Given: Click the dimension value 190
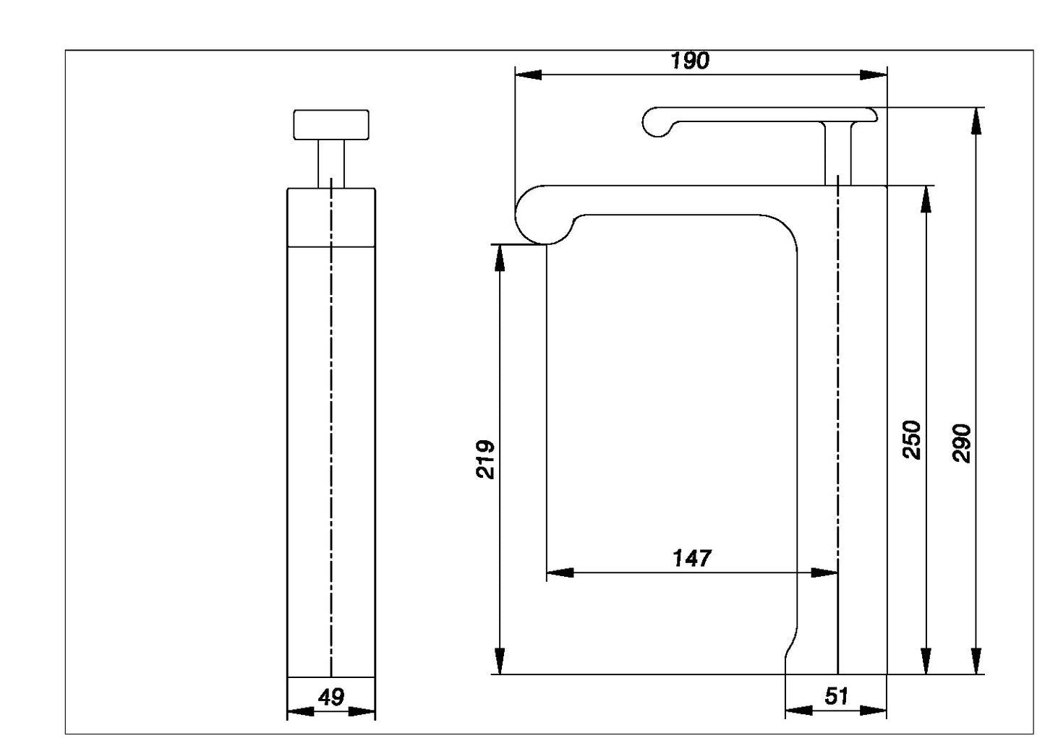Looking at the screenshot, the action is (x=690, y=61).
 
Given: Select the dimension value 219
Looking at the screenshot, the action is (x=485, y=459).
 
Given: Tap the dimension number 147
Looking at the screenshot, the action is (x=692, y=558).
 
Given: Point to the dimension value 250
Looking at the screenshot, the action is (x=912, y=440).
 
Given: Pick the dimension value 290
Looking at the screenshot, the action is (x=962, y=444).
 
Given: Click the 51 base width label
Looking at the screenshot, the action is (x=836, y=697).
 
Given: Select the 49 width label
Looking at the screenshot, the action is (x=331, y=698).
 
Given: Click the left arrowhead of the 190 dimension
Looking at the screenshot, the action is (x=529, y=74).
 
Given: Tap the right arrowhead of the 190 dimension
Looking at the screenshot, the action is (x=874, y=74).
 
